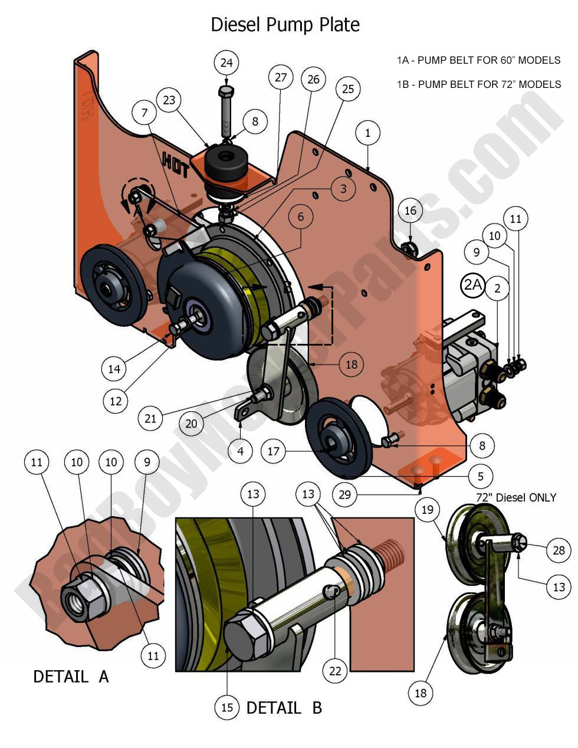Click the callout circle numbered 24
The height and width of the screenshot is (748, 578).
coord(227,63)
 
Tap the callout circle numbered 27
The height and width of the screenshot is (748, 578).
coord(281,77)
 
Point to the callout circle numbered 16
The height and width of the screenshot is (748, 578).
coord(410,211)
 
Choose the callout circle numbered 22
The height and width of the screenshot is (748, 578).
coord(335,671)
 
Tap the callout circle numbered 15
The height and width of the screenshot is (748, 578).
coord(227,707)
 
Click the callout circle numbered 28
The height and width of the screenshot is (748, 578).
coord(558,550)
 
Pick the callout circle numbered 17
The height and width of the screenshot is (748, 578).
coord(273,452)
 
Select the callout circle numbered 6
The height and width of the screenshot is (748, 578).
coord(300,217)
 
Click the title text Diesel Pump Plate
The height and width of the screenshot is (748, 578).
coord(285,25)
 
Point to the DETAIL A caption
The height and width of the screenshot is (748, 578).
coord(71,676)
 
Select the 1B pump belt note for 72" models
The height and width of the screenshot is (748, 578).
coord(478,84)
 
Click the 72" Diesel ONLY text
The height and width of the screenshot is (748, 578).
coord(515,497)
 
